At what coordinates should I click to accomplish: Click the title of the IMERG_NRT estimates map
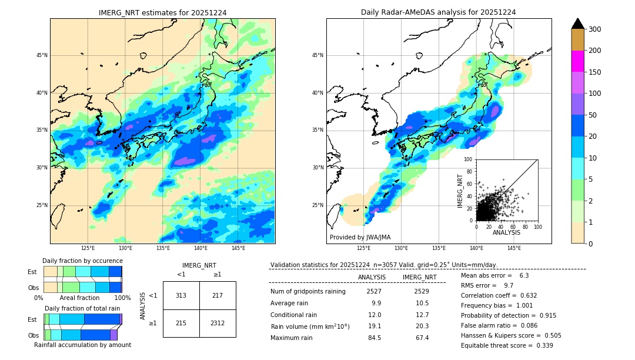pos(162,12)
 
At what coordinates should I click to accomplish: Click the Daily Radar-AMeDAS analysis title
pos(438,12)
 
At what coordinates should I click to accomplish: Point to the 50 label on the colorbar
pos(596,115)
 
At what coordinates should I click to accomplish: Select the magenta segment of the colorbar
pos(578,61)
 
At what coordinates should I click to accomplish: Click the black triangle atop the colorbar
pos(578,24)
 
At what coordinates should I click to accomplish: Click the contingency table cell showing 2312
pos(217,324)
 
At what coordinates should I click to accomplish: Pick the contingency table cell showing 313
pos(181,295)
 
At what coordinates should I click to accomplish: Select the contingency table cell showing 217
pos(217,295)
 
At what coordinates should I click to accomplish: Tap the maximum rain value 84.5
pos(374,338)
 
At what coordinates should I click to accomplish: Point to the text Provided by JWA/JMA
pos(360,238)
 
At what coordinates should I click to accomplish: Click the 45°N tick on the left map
pos(42,55)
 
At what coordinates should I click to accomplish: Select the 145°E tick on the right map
pos(514,248)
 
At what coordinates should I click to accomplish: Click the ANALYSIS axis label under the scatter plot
pos(506,232)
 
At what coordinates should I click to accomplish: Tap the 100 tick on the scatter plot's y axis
pos(469,159)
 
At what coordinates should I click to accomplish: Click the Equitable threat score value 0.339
pos(541,345)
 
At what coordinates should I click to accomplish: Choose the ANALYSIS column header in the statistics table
pos(372,277)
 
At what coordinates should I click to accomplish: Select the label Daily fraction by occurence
pos(82,261)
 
